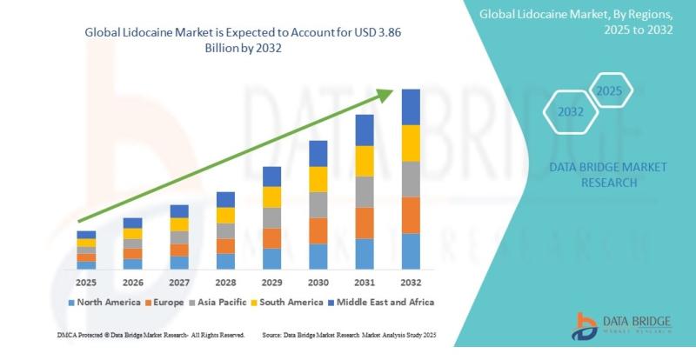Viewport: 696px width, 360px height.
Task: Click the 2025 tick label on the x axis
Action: coord(86,283)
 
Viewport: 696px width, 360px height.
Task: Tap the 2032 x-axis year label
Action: coord(410,283)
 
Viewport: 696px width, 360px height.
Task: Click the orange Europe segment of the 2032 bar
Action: coord(411,215)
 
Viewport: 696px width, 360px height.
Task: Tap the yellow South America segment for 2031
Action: coord(365,160)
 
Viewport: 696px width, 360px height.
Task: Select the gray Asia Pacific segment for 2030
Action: coord(318,204)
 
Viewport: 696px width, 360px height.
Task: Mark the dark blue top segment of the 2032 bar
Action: coord(411,107)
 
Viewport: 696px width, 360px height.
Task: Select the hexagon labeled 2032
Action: coord(571,112)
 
